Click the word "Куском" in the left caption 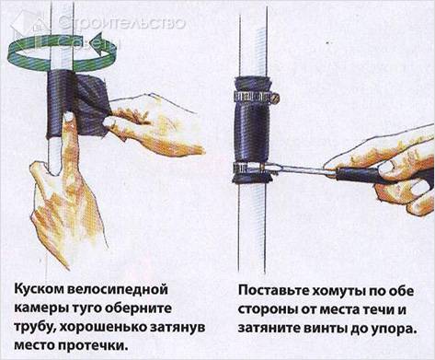37,290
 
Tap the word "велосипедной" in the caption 116,290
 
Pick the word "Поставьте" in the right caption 272,291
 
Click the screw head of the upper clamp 276,99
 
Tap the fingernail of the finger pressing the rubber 68,116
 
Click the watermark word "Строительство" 121,22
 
